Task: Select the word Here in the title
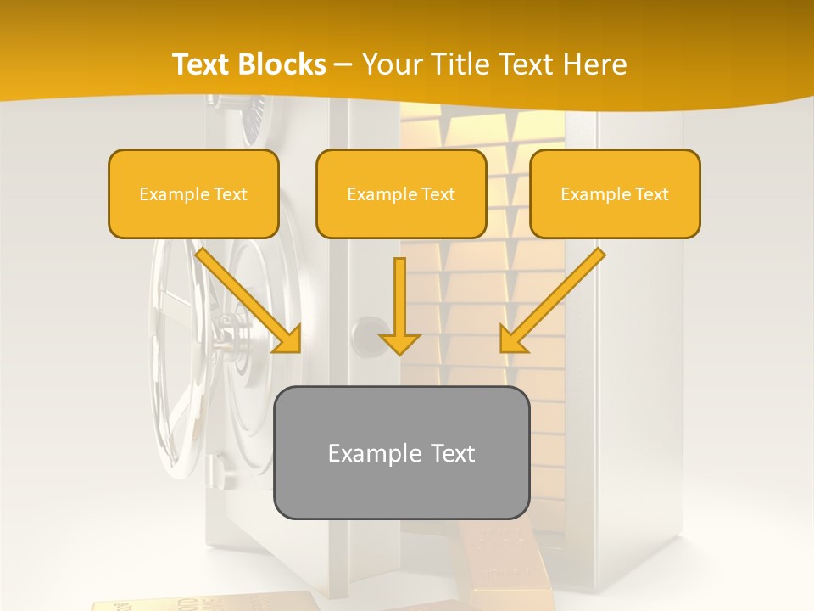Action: point(594,64)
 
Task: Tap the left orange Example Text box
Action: point(193,193)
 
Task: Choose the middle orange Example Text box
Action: point(401,193)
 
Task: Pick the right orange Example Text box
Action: point(615,193)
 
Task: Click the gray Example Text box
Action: point(401,452)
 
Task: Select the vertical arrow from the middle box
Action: point(399,301)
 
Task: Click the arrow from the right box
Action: point(552,300)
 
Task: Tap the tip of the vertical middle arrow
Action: point(399,350)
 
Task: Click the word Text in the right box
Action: point(651,193)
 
